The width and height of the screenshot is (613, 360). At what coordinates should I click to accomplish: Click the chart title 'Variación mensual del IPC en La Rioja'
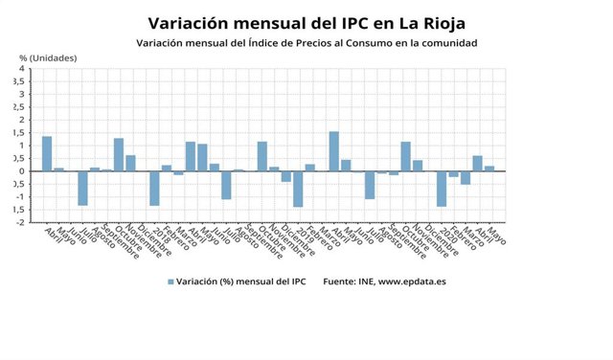pyautogui.click(x=306, y=22)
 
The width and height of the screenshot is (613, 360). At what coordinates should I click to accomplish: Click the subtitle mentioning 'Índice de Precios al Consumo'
pyautogui.click(x=306, y=43)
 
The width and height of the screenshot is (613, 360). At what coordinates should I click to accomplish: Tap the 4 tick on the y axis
pyautogui.click(x=22, y=69)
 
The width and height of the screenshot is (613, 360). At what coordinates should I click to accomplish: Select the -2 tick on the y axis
pyautogui.click(x=20, y=222)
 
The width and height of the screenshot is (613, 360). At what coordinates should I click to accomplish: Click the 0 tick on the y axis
pyautogui.click(x=22, y=171)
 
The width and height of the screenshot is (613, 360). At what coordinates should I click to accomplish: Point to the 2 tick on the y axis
pyautogui.click(x=22, y=120)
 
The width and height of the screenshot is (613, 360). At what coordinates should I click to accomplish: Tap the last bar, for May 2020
pyautogui.click(x=489, y=169)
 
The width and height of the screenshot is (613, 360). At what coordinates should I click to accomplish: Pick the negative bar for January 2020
pyautogui.click(x=442, y=189)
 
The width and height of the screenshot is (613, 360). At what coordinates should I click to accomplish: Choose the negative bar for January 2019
pyautogui.click(x=298, y=189)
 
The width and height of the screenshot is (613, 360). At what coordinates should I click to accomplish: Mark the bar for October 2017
pyautogui.click(x=119, y=155)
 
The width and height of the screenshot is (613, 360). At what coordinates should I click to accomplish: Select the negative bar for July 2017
pyautogui.click(x=82, y=188)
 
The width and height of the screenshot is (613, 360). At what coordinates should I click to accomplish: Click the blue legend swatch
pyautogui.click(x=171, y=281)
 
